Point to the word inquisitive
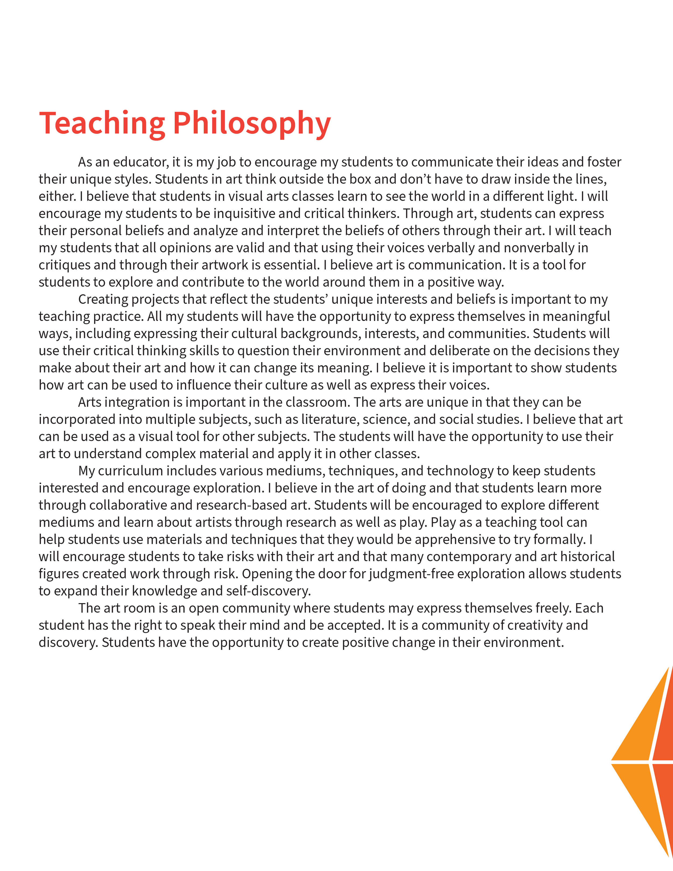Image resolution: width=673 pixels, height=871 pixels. pos(244,213)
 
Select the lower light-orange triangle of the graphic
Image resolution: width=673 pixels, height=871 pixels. pos(642,794)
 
